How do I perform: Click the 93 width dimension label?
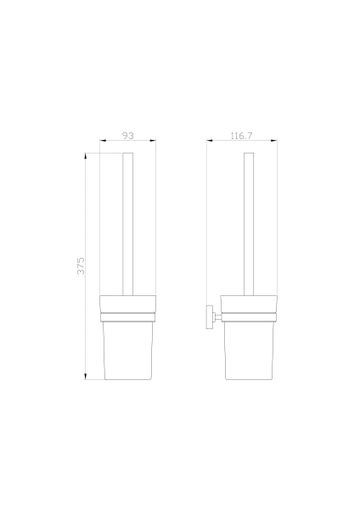127,136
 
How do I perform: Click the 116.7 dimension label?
241,136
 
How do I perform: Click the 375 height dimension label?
81,266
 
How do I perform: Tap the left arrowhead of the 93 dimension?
103,141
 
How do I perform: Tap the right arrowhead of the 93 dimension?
153,141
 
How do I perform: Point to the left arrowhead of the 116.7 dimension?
210,141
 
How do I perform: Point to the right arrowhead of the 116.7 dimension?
273,141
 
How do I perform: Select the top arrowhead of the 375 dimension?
86,156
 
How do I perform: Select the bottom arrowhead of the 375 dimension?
86,376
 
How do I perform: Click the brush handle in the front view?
127,224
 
